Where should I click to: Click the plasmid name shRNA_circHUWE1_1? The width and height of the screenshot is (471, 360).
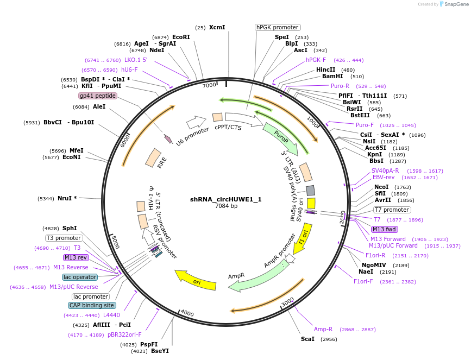pyautogui.click(x=225, y=199)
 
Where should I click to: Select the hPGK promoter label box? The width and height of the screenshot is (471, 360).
pyautogui.click(x=278, y=27)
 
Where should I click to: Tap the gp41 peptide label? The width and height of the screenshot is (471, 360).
pyautogui.click(x=98, y=96)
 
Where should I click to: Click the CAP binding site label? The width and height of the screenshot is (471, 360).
pyautogui.click(x=92, y=305)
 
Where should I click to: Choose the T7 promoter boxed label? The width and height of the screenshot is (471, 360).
pyautogui.click(x=392, y=210)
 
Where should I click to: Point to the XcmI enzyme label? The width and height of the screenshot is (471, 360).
pyautogui.click(x=217, y=27)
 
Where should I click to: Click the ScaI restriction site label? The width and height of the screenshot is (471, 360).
pyautogui.click(x=307, y=339)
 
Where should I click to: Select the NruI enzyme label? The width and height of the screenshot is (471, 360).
pyautogui.click(x=67, y=198)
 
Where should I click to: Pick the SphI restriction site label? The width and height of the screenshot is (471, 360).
pyautogui.click(x=70, y=229)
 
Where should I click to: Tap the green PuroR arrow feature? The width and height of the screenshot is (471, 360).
pyautogui.click(x=280, y=138)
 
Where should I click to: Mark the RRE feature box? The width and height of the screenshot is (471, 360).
pyautogui.click(x=153, y=157)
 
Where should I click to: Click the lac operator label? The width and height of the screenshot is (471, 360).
pyautogui.click(x=80, y=277)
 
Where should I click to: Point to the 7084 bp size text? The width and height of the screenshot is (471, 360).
pyautogui.click(x=225, y=206)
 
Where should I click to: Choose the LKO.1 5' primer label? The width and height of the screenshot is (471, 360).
pyautogui.click(x=135, y=60)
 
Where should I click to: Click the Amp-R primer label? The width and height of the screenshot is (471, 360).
pyautogui.click(x=323, y=329)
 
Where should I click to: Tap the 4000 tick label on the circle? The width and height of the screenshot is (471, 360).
pyautogui.click(x=187, y=313)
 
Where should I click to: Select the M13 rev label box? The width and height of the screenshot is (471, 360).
pyautogui.click(x=76, y=257)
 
